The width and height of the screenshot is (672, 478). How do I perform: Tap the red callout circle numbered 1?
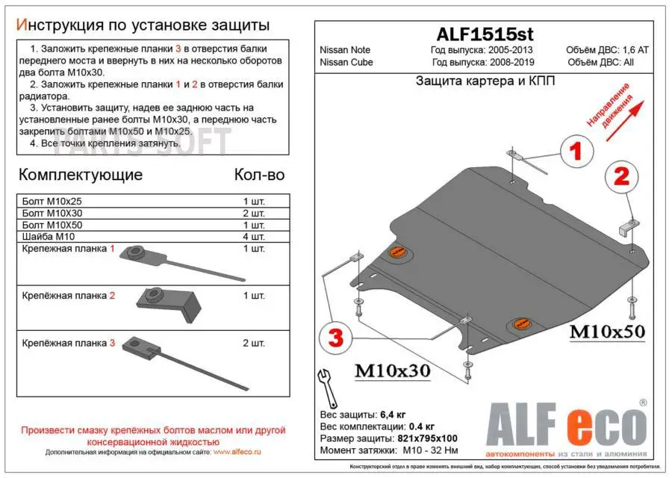tap(576, 152)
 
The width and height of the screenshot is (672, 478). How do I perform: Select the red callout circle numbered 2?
tap(621, 176)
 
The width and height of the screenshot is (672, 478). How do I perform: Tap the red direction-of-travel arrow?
tap(624, 113)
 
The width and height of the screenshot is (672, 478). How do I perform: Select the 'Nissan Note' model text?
tap(345, 50)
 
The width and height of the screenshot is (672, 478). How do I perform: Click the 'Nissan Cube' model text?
tap(345, 62)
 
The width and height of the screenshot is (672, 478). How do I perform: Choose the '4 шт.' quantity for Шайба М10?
tap(253, 237)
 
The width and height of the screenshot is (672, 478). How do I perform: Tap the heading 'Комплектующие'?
tap(80, 176)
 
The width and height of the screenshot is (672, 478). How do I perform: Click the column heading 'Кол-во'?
tap(259, 176)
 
